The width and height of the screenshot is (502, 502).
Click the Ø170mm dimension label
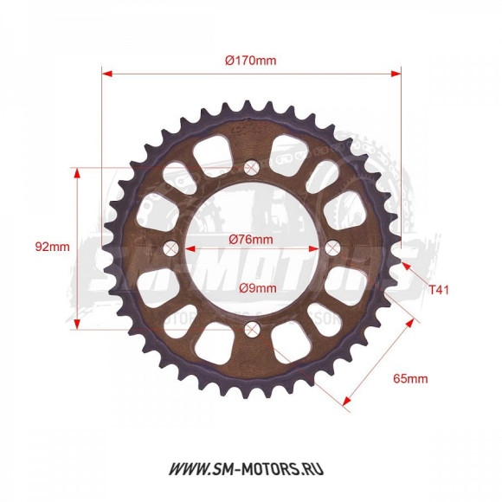(250, 61)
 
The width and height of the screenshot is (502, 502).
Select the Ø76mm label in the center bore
(250, 239)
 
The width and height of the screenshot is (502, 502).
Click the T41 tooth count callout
(440, 292)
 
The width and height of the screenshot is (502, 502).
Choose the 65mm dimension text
(410, 378)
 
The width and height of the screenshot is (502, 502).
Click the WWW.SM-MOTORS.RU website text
(250, 469)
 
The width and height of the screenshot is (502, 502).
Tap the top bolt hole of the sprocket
(252, 167)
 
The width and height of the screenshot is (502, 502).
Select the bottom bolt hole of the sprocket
(252, 328)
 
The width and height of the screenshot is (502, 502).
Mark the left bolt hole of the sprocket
(171, 248)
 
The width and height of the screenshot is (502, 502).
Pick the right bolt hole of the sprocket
(332, 248)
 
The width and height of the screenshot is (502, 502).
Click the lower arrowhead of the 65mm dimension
(348, 399)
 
